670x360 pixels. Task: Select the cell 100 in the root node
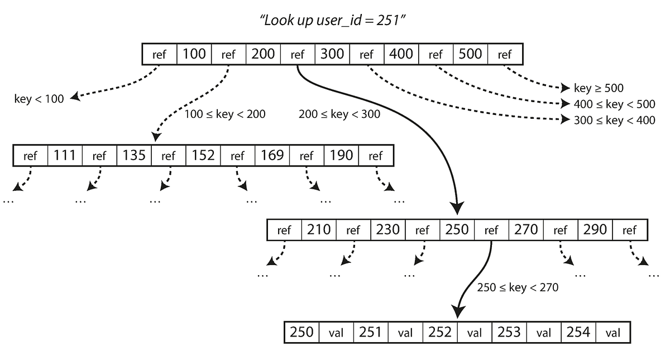(x=194, y=54)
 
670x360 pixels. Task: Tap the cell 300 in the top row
(x=333, y=54)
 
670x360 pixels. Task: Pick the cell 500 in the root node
(x=470, y=54)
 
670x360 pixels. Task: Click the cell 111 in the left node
(x=65, y=155)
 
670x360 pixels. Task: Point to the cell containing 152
(x=203, y=155)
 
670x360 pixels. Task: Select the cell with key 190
(x=341, y=155)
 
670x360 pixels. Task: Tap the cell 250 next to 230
(x=457, y=229)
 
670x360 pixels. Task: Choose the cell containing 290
(x=595, y=229)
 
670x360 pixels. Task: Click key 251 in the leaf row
(x=371, y=332)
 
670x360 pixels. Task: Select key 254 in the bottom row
(x=578, y=332)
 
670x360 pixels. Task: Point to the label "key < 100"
(x=39, y=99)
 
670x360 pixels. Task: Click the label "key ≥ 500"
(x=599, y=88)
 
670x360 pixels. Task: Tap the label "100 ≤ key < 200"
(x=225, y=114)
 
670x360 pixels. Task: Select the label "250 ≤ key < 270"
(x=518, y=287)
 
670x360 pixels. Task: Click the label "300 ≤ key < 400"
(x=614, y=120)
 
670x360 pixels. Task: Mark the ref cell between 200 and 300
(x=298, y=54)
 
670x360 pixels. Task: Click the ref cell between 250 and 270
(x=491, y=229)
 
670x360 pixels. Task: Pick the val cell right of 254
(x=612, y=333)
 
